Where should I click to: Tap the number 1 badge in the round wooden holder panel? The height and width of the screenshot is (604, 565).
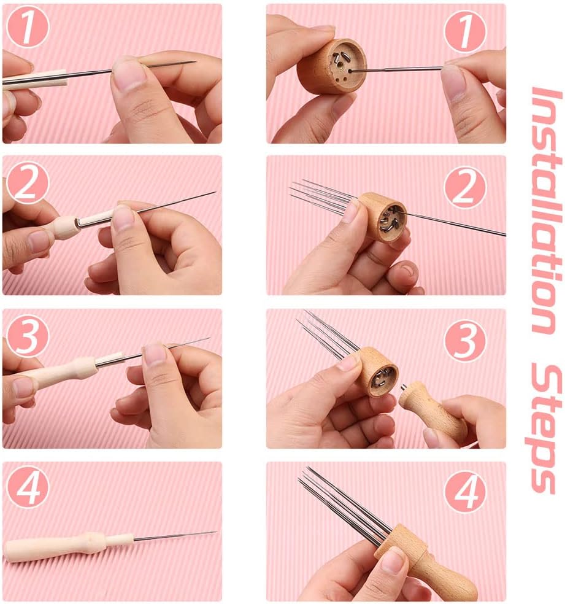tap(464, 31)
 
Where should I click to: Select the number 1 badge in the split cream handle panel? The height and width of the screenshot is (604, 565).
tap(28, 29)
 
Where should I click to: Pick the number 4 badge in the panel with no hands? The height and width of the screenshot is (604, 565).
tap(28, 489)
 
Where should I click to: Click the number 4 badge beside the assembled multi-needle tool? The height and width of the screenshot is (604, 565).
tap(464, 491)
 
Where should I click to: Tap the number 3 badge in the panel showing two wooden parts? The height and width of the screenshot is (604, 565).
tap(464, 340)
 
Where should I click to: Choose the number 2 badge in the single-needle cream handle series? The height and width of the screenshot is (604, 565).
tap(28, 183)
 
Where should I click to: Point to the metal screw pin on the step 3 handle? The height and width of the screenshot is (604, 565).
tap(403, 388)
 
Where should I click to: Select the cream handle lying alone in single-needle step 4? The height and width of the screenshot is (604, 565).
tap(67, 546)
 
